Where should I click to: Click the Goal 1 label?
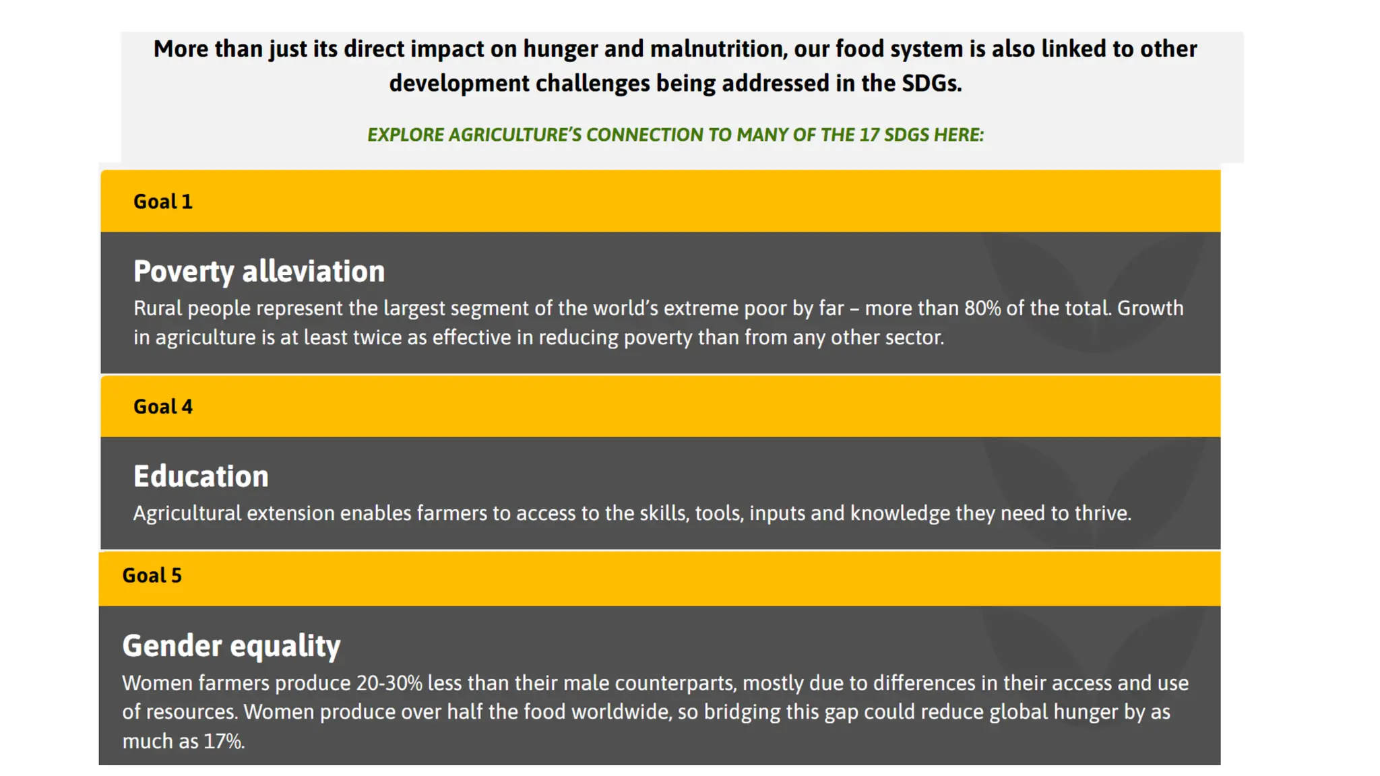(x=162, y=201)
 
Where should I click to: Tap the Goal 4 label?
(x=162, y=407)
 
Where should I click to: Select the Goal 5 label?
(x=152, y=575)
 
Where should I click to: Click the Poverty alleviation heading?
(x=259, y=271)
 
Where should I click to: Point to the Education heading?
(x=201, y=476)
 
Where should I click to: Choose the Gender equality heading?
(x=231, y=645)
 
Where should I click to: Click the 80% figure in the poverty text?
(x=982, y=309)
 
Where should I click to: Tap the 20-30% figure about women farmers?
(x=389, y=683)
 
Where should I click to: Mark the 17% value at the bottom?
(x=224, y=742)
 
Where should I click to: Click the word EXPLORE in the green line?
(x=405, y=135)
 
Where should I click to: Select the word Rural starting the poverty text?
(x=157, y=309)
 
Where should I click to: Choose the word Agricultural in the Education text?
(x=187, y=513)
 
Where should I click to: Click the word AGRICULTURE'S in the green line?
(x=514, y=135)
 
